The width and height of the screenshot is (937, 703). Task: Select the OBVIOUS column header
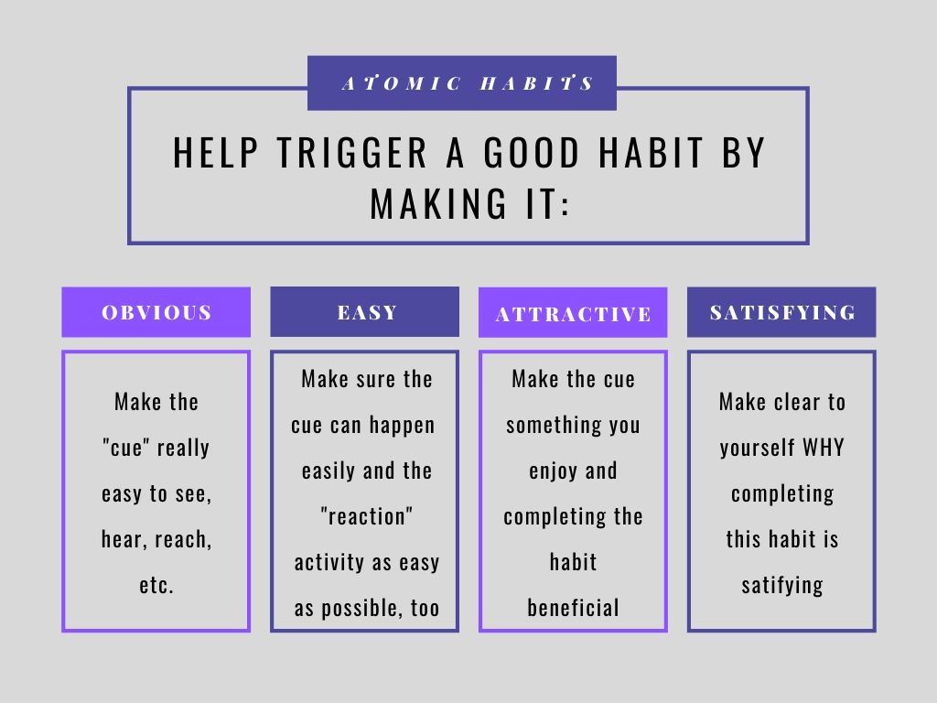(x=156, y=312)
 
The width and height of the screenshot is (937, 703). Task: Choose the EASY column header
(x=365, y=312)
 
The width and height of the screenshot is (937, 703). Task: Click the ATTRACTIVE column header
(x=573, y=315)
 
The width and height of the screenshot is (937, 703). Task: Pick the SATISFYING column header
(x=782, y=312)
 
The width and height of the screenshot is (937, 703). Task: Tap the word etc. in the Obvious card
(x=156, y=586)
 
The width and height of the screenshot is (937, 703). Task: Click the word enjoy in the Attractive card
(x=548, y=471)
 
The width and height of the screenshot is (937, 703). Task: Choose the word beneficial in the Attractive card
(x=573, y=609)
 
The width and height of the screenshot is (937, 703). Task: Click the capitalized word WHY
(x=824, y=449)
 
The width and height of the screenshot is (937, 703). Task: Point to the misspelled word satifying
(x=782, y=586)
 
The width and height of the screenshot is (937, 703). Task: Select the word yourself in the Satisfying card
(x=758, y=449)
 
